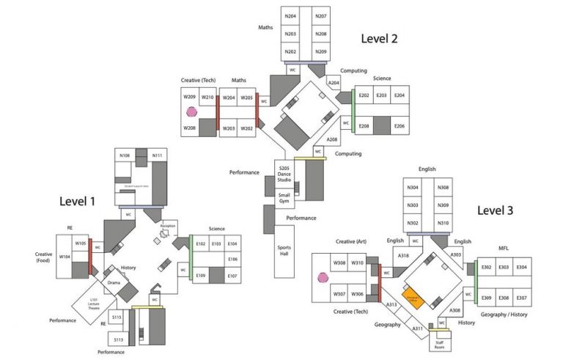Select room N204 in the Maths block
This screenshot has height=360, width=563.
pyautogui.click(x=291, y=16)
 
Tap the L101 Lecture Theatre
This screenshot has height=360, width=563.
pyautogui.click(x=94, y=302)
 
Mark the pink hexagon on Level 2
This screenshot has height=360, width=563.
pyautogui.click(x=191, y=112)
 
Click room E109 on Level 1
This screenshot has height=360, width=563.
pyautogui.click(x=200, y=276)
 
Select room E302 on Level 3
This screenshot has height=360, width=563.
pyautogui.click(x=486, y=268)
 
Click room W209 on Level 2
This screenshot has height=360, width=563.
pyautogui.click(x=189, y=97)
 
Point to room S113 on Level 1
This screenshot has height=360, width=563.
pyautogui.click(x=117, y=339)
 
